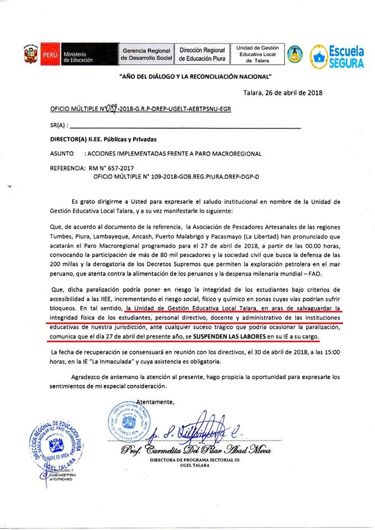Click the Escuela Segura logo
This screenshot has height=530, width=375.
pyautogui.click(x=337, y=56)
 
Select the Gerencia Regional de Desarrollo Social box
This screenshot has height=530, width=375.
pyautogui.click(x=147, y=54)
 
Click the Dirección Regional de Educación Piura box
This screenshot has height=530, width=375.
pyautogui.click(x=202, y=54)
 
